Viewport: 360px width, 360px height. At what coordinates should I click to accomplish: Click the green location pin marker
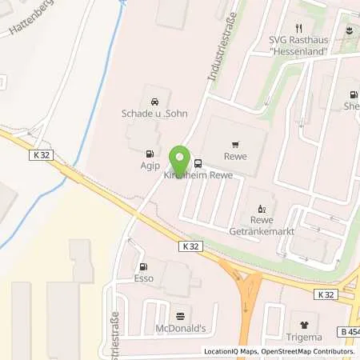pyautogui.click(x=180, y=158)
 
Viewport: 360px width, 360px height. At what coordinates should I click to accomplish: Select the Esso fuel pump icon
pyautogui.click(x=143, y=267)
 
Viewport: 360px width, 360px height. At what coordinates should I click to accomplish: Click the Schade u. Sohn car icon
pyautogui.click(x=153, y=101)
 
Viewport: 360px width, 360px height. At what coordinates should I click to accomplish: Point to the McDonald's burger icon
pyautogui.click(x=179, y=315)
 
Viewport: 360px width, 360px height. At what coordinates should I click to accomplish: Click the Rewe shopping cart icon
pyautogui.click(x=234, y=146)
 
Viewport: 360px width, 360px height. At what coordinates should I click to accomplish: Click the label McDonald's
pyautogui.click(x=180, y=329)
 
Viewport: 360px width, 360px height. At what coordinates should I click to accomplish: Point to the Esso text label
pyautogui.click(x=143, y=281)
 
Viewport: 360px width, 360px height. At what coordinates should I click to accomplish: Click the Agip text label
pyautogui.click(x=148, y=167)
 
